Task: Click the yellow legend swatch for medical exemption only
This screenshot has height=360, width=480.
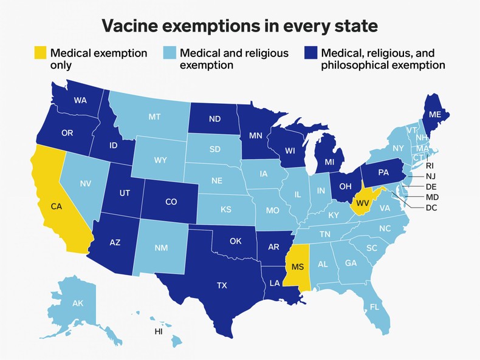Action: pyautogui.click(x=39, y=53)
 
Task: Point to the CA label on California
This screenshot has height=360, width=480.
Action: pyautogui.click(x=57, y=206)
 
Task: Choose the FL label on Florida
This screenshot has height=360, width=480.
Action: pyautogui.click(x=374, y=307)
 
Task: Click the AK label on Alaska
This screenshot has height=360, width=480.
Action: pyautogui.click(x=78, y=303)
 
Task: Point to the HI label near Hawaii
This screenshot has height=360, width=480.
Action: pyautogui.click(x=159, y=332)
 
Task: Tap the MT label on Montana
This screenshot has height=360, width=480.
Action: pyautogui.click(x=155, y=117)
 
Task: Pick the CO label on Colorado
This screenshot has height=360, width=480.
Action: pyautogui.click(x=171, y=202)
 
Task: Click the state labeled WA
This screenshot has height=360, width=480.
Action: pyautogui.click(x=80, y=100)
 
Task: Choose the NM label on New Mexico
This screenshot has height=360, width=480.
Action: pyautogui.click(x=161, y=248)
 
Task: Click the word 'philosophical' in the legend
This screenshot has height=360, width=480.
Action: pyautogui.click(x=353, y=65)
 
